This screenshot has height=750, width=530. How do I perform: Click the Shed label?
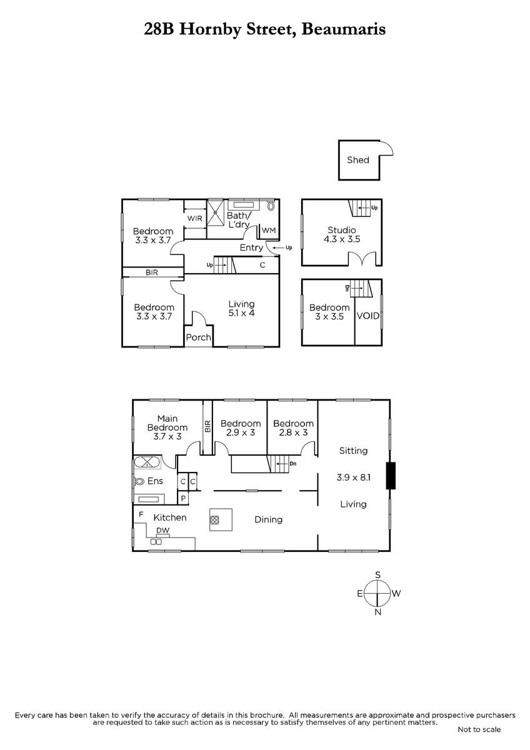click(358, 160)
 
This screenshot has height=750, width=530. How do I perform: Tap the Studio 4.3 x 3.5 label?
click(342, 234)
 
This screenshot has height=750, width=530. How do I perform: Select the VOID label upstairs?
click(368, 316)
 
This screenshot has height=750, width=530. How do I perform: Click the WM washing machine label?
click(269, 231)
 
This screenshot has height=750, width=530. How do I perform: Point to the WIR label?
click(194, 218)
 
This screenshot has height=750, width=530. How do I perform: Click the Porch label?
click(199, 337)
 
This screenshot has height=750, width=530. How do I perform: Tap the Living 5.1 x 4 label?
click(241, 308)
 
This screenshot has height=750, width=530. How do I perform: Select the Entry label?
click(251, 247)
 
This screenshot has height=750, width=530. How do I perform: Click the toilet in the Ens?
click(139, 481)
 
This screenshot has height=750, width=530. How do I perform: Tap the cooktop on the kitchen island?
click(214, 520)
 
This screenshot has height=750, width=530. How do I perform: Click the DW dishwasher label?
click(163, 531)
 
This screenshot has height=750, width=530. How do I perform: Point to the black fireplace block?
click(391, 476)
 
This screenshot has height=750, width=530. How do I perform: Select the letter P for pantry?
click(183, 498)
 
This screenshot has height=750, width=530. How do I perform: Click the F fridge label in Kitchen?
click(141, 514)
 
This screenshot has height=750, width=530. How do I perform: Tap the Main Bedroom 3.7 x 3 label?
click(167, 427)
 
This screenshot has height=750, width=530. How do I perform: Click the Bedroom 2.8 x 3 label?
click(293, 428)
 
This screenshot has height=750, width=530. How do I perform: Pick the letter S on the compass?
click(378, 575)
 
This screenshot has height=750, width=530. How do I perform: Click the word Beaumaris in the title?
click(344, 29)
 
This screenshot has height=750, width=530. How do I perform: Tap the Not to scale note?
click(479, 739)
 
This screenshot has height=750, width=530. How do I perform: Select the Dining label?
click(269, 519)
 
